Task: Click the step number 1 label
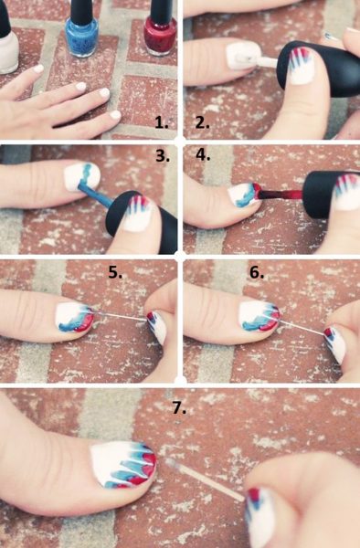point(162,122)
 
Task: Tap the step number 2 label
point(203,122)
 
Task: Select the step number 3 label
point(163,155)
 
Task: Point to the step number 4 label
point(203,155)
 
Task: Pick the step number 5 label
point(115,272)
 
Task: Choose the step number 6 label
point(257,272)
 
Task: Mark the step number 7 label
point(179,408)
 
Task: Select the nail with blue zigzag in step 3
point(82,176)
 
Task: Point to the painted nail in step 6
point(259,317)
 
